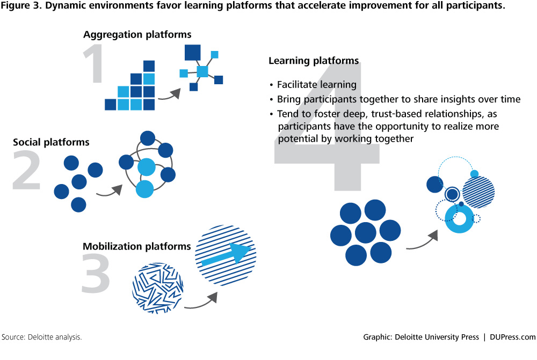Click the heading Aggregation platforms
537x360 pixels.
coord(137,35)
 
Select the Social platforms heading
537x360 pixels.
coord(51,142)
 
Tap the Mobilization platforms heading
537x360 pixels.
coord(136,246)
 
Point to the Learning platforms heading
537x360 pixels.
coord(314,61)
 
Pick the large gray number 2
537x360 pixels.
coord(26,171)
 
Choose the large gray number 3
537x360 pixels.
coord(96,274)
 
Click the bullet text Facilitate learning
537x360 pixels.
coord(317,85)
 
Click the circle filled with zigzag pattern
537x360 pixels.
coord(158,288)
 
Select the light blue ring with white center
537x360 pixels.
coord(459,219)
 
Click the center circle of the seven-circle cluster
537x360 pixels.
coord(365,233)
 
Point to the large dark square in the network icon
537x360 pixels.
coord(192,53)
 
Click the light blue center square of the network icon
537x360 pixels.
coord(202,71)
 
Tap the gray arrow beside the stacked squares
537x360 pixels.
coord(169,95)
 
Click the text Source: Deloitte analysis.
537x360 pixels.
coord(41,337)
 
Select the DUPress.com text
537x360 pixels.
coord(512,337)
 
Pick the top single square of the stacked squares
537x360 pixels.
coord(149,66)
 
